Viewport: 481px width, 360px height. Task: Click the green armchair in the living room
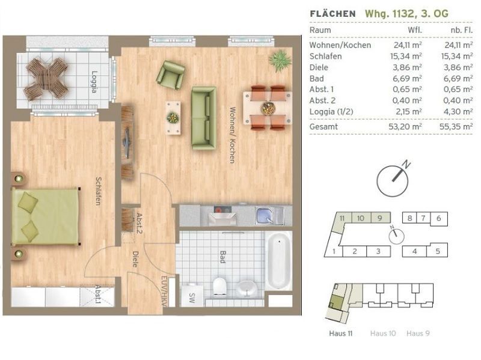170,75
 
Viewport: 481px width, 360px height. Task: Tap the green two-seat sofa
204,118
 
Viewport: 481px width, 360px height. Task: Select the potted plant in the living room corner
280,61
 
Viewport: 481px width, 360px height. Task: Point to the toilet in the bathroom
219,287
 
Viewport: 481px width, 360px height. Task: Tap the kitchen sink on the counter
265,215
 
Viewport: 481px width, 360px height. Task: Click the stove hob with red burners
222,210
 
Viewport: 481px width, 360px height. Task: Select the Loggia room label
94,82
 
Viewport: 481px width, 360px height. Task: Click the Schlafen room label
98,191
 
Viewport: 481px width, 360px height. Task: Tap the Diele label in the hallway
135,259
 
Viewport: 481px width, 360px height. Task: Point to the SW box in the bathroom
192,297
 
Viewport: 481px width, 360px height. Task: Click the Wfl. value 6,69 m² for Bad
407,79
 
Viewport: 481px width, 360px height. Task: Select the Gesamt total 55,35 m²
456,126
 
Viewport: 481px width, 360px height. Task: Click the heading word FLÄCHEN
333,14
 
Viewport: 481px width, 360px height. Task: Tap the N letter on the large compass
406,164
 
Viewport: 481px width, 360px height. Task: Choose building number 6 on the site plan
438,218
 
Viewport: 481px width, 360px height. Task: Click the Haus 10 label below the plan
383,334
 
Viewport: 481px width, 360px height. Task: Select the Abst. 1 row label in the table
322,89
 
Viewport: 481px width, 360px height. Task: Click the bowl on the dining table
268,108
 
